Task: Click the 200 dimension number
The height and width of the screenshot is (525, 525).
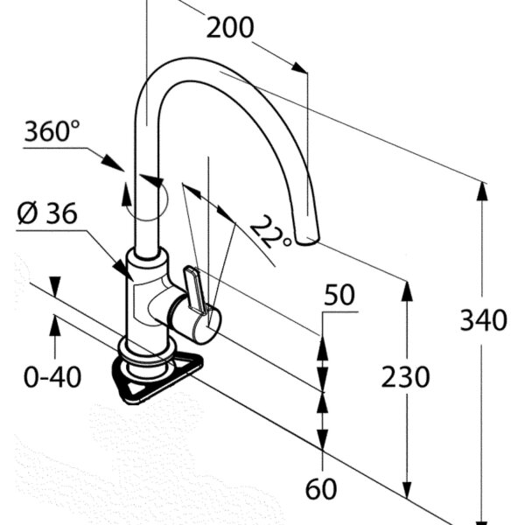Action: pos(230,29)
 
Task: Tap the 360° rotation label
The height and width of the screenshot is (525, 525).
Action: pos(52,132)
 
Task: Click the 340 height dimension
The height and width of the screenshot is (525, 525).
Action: pos(483,320)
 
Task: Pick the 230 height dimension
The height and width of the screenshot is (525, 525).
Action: pos(405,377)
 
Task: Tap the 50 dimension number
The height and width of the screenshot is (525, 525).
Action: pos(339,295)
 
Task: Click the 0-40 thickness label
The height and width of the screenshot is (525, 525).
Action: pos(52,377)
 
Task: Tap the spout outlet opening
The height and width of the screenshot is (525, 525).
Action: pos(307,240)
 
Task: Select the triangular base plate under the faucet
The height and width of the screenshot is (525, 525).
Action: pos(157,376)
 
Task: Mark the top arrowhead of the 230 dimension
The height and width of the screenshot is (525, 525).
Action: pos(406,289)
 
